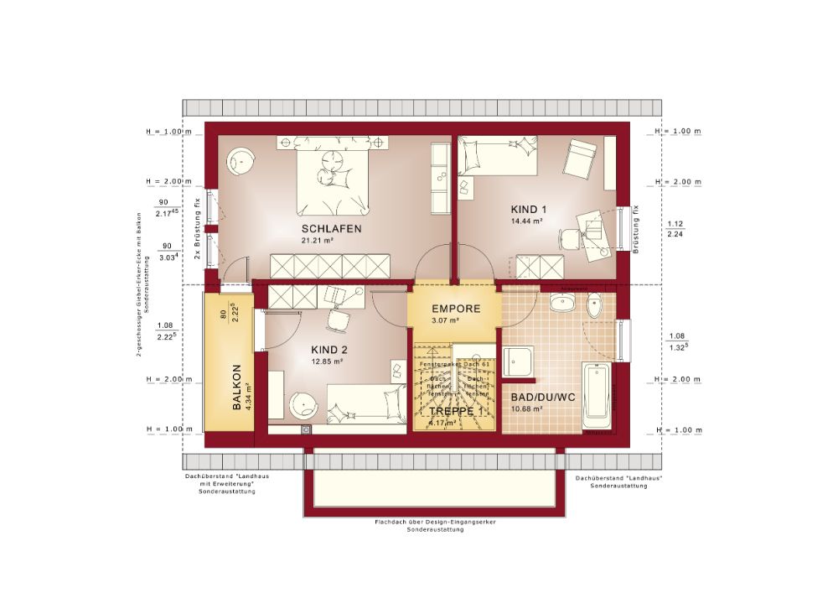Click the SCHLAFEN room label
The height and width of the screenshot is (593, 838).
[x=333, y=228]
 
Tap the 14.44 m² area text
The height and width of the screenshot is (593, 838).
[x=527, y=221]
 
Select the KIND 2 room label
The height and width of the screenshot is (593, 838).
[x=329, y=350]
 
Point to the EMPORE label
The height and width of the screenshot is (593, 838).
[x=456, y=309]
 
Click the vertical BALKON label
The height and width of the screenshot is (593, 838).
[x=237, y=386]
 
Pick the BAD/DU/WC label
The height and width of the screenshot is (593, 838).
[x=542, y=397]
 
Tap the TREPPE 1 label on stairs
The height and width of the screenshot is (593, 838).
[x=455, y=412]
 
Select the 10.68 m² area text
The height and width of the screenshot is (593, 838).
[x=527, y=409]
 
